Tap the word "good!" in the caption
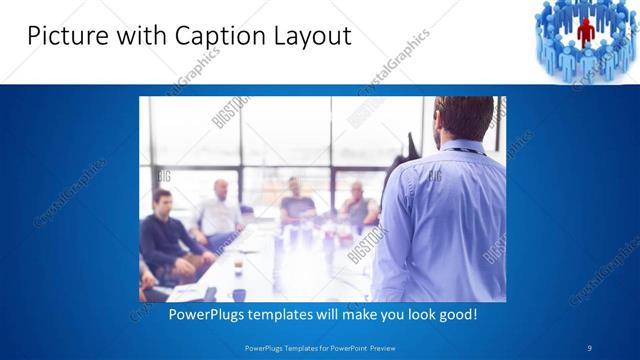tap(456, 313)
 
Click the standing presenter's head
tap(456, 117)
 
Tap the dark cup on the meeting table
tap(240, 294)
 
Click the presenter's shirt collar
tap(462, 147)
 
